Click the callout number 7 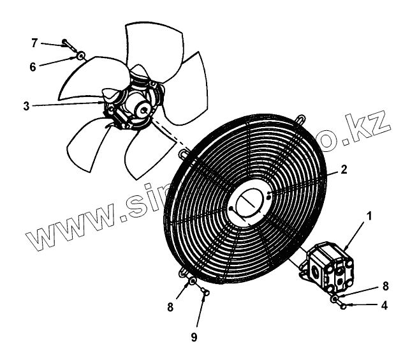(x=35, y=43)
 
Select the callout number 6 (x=33, y=66)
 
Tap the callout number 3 (x=26, y=106)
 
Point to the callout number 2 (x=343, y=170)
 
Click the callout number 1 (x=369, y=217)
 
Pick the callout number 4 (x=384, y=305)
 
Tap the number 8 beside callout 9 (x=170, y=307)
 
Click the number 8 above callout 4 (x=384, y=285)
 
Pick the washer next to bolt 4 (x=334, y=298)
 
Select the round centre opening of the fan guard (x=249, y=202)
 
